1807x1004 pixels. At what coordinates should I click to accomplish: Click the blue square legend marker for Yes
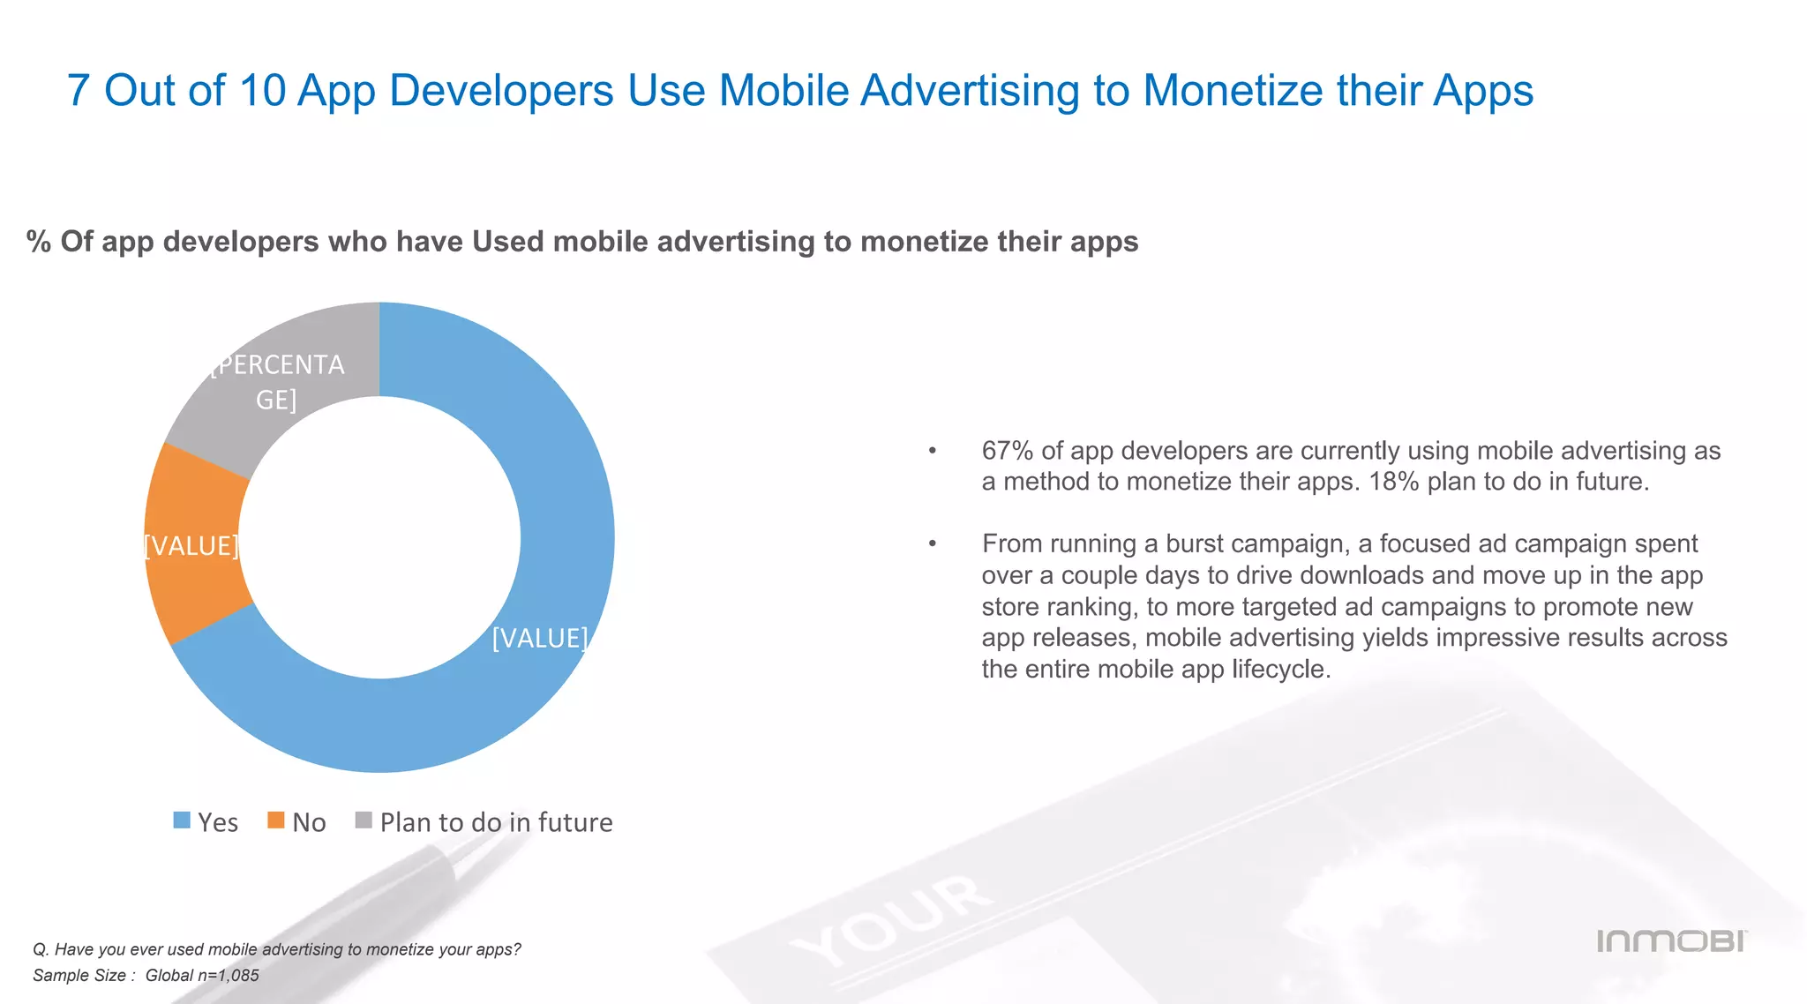182,820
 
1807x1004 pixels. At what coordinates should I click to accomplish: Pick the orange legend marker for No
276,820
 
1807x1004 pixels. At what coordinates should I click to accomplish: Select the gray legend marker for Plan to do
364,820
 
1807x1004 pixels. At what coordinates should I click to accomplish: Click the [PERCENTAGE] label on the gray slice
277,382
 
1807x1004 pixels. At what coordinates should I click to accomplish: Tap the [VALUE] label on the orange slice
191,546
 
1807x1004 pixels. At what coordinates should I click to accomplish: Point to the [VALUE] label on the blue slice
539,638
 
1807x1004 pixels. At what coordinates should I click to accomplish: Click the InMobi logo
1671,941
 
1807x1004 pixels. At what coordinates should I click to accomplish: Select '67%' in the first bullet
1008,451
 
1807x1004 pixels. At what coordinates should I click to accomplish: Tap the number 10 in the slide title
262,90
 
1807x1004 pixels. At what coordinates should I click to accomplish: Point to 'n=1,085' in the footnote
228,976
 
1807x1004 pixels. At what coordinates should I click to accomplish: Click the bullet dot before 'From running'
932,543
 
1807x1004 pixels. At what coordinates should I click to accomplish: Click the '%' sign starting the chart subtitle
39,242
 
